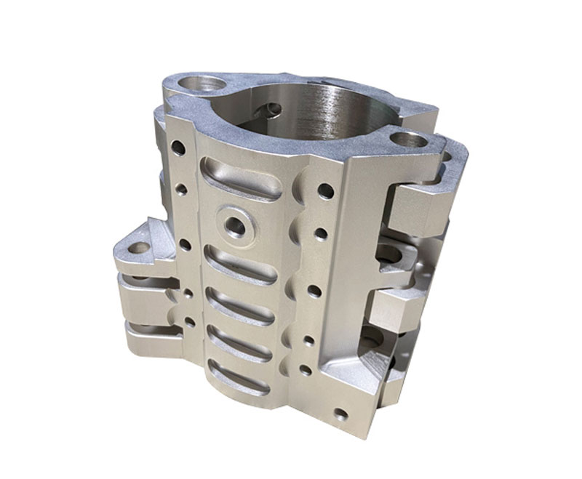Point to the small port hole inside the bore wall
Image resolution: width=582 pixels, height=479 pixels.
[272, 110]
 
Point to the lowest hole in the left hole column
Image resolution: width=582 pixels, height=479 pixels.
[190, 320]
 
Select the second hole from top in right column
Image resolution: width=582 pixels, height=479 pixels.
[321, 236]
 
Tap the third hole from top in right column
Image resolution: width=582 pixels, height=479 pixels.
[314, 290]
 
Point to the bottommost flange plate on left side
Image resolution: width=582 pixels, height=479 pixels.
[145, 338]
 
